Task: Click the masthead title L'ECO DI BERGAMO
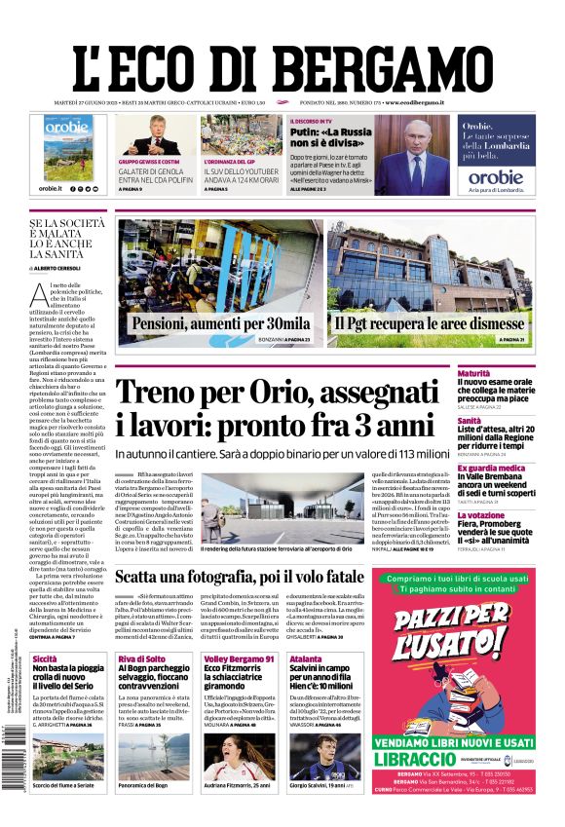[282, 60]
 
